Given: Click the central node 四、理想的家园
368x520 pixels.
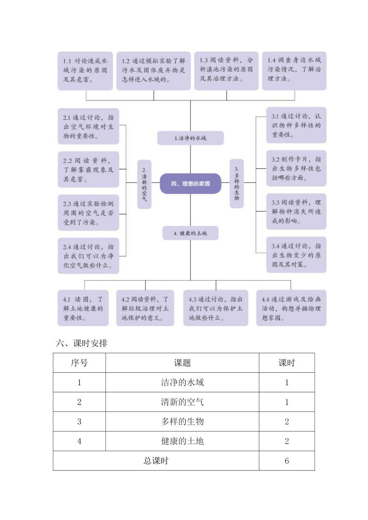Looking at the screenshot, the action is [x=190, y=183].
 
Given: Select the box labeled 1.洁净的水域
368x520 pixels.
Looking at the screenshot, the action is [x=190, y=138].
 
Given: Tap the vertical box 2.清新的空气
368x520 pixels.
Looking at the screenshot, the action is [x=144, y=184].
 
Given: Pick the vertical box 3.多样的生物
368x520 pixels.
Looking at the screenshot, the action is [x=237, y=183].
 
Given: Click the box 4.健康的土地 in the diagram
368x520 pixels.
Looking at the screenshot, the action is [x=190, y=233].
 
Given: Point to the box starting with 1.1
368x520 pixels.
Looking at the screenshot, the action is [x=85, y=71].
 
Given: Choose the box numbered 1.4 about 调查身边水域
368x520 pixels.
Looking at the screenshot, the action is [x=294, y=71].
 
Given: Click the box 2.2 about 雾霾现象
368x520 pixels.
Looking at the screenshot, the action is [x=88, y=169].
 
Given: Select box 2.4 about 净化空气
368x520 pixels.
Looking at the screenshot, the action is [x=88, y=256].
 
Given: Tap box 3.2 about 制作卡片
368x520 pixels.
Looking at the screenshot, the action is [x=296, y=168].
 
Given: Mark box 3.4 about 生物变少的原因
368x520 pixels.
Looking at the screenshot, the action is [x=296, y=255].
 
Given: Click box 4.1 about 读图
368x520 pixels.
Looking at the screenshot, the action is [x=83, y=308].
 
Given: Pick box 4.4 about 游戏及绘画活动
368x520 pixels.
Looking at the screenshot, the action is [x=291, y=308].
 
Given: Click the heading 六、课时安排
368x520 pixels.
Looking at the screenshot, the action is [x=82, y=343].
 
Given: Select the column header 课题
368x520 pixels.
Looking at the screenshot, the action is [x=182, y=363].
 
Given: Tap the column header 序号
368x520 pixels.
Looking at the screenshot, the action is [x=79, y=363].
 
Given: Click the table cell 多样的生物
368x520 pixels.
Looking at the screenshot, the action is [x=182, y=422].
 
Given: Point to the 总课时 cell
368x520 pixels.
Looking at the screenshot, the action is [x=156, y=461].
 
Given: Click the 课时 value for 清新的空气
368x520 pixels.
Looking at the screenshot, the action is [x=287, y=402].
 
